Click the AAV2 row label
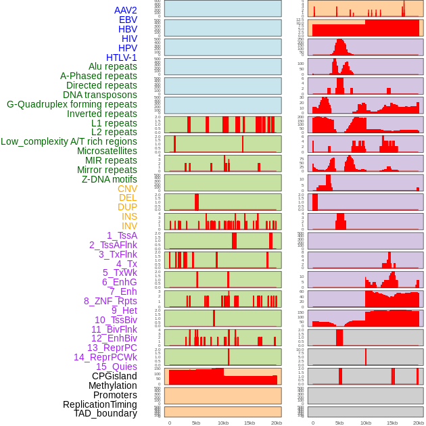pos(126,10)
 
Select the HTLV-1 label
pos(122,57)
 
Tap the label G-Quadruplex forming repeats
pos(72,104)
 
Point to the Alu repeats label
pos(113,66)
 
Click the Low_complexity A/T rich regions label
pos(69,141)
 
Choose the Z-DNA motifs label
pos(110,179)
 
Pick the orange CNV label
pos(127,189)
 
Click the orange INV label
pos(129,226)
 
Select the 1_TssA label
pos(122,235)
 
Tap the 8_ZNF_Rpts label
pos(110,301)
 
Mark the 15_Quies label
pos(116,366)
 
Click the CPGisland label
pos(114,376)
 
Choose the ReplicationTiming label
pos(100,404)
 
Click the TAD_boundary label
pos(105,413)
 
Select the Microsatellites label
pos(107,151)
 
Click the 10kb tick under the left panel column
pos(222,423)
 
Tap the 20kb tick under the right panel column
pos(419,423)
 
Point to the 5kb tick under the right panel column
pos(339,423)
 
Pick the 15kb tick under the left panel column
pos(249,423)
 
